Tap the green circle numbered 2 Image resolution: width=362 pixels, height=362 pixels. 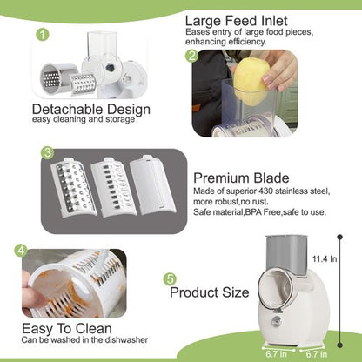tap(191, 56)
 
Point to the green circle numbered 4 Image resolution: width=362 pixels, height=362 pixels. tap(19, 250)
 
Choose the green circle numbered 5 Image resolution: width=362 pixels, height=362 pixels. tap(170, 279)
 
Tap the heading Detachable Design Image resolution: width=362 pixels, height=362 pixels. tap(90, 110)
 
